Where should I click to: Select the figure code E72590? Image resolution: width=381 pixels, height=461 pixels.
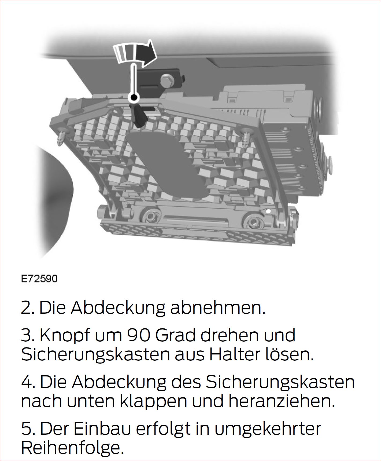(39, 279)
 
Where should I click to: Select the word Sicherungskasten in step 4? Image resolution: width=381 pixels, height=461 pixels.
(280, 382)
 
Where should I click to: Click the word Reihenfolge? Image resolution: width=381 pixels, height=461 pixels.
(73, 448)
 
